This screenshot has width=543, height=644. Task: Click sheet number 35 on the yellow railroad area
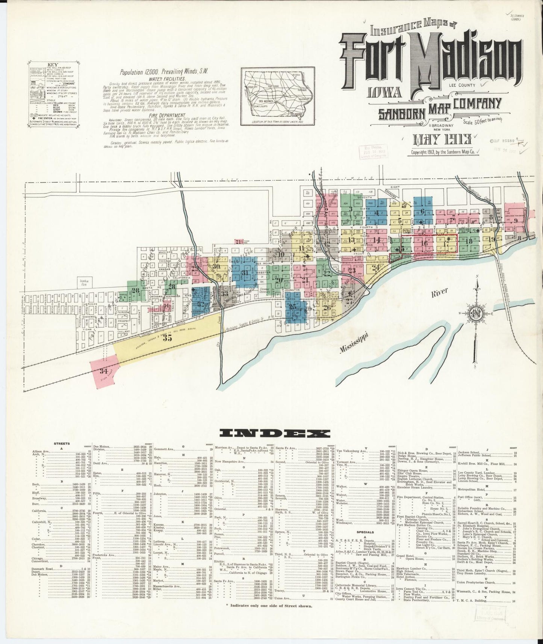click(168, 338)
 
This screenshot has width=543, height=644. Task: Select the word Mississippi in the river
click(355, 343)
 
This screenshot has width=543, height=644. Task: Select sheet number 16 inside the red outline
click(425, 243)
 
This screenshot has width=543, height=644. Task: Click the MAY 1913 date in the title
click(443, 140)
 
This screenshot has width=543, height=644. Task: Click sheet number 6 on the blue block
click(423, 212)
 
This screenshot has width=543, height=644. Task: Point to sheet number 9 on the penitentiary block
click(516, 221)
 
